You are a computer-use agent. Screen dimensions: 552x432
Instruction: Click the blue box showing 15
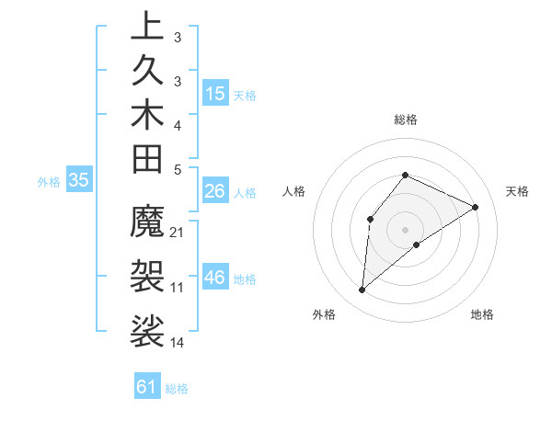215,93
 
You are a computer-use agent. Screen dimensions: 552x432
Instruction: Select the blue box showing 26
214,191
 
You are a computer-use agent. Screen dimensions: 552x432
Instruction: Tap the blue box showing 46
215,278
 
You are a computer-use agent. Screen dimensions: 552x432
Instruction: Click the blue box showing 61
147,387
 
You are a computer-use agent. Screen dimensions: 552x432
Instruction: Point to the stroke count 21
178,232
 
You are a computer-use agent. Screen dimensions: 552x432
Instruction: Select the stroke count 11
178,287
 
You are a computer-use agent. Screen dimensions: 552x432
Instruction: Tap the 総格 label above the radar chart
405,119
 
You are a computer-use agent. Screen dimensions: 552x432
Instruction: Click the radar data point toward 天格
475,207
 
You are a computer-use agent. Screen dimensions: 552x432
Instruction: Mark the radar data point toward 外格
362,290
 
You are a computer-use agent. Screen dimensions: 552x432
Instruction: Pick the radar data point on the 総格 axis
405,176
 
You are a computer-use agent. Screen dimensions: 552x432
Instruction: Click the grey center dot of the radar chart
405,229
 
